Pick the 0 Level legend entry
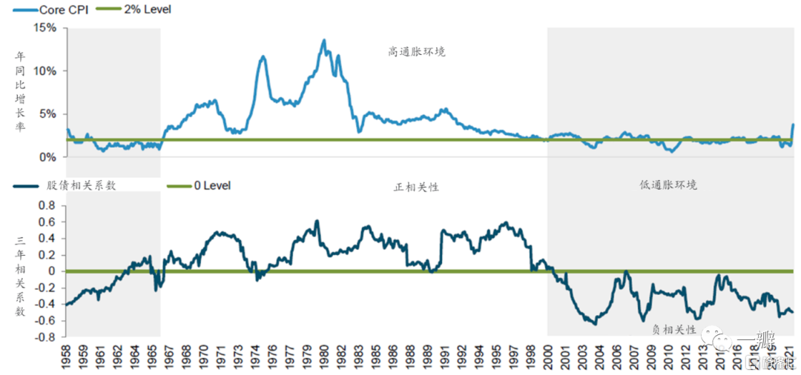tap(212, 185)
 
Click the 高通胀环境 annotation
tap(417, 52)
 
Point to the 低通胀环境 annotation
tap(668, 185)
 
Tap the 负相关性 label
tap(673, 329)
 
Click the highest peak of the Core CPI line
tap(324, 40)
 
